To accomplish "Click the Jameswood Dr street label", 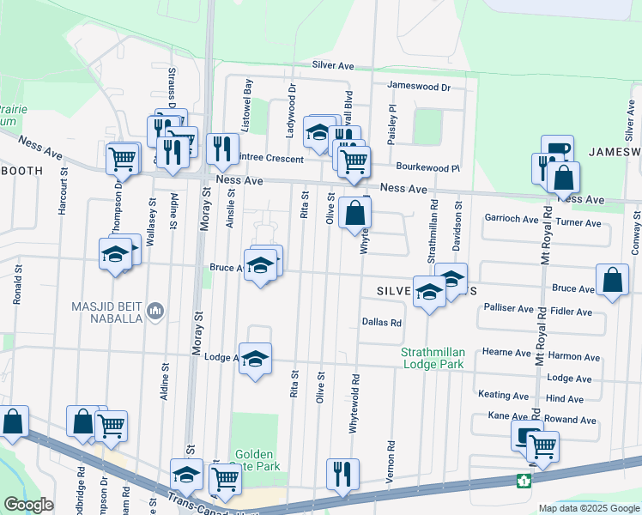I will click(x=418, y=87).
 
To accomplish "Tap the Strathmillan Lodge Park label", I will click(x=433, y=358).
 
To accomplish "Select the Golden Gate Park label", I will click(x=253, y=460).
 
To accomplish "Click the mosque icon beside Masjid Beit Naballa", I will click(x=155, y=309).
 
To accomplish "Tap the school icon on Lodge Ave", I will click(x=255, y=358).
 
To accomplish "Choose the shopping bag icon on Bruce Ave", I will click(x=612, y=280).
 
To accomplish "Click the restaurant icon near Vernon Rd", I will click(x=342, y=473).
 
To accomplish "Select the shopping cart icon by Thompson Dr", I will click(x=123, y=158).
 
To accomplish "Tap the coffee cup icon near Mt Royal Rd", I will click(x=556, y=149).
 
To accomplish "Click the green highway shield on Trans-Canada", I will click(x=522, y=481).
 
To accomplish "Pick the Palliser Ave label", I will click(x=509, y=306).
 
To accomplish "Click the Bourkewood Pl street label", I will click(x=428, y=167).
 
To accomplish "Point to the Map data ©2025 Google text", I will click(x=588, y=508).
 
